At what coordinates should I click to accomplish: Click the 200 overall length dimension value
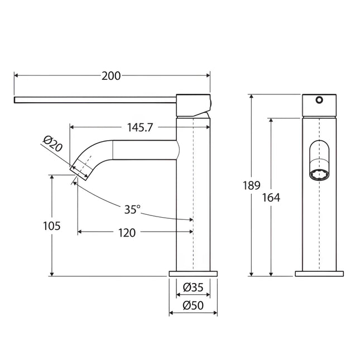pos(111,76)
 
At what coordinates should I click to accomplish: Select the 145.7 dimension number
pos(140,127)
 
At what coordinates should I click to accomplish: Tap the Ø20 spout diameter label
pos(53,144)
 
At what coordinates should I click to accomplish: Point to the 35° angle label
pos(132,209)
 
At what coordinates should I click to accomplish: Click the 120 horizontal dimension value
pos(127,233)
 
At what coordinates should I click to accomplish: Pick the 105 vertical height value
pos(52,226)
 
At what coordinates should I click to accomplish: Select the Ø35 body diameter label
pos(193,287)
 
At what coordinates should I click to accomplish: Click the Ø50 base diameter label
pos(193,306)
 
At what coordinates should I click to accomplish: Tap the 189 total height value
pos(252,185)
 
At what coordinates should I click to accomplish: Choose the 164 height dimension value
pos(271,198)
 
